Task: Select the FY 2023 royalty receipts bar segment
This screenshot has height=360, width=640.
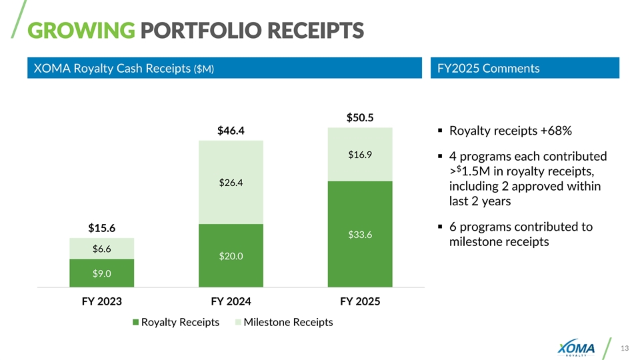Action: click(102, 273)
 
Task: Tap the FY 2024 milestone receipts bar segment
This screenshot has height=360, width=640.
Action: click(231, 182)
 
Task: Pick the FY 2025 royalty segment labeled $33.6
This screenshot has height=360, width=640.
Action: click(360, 234)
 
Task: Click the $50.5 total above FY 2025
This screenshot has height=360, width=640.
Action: click(360, 118)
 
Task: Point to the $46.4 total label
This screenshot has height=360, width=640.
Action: click(231, 131)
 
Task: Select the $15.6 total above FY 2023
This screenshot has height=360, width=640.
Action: click(102, 229)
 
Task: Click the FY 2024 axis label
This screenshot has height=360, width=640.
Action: click(231, 301)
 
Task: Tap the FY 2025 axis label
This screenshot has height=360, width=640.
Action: click(360, 301)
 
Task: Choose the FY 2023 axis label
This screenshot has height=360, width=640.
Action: click(102, 301)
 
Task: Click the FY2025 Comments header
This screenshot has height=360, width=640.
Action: click(489, 68)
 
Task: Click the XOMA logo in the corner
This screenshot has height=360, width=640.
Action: click(576, 347)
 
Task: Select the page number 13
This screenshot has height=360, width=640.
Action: click(625, 348)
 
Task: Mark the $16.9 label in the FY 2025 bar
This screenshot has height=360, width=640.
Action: click(360, 155)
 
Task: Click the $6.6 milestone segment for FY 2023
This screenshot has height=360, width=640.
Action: click(102, 249)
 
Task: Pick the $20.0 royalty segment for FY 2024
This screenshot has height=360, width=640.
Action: click(231, 255)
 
